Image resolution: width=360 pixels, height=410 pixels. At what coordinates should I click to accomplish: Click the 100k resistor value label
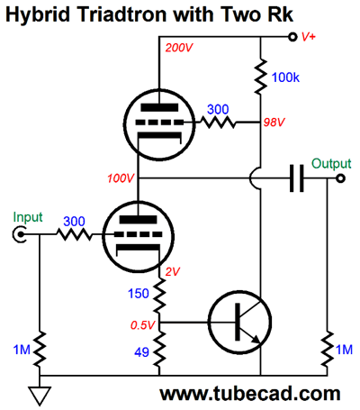point(285,77)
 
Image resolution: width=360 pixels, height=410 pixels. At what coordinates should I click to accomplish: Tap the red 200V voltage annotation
point(179,48)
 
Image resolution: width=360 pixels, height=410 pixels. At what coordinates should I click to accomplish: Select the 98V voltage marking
point(274,122)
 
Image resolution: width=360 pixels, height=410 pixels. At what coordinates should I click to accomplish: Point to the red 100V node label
point(121,178)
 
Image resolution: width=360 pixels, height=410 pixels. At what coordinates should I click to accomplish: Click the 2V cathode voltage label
point(173,271)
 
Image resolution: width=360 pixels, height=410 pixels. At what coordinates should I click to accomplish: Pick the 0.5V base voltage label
point(143,324)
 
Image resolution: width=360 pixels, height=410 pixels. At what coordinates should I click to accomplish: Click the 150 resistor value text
point(139,294)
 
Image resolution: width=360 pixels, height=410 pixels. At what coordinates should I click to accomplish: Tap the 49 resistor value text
point(141,351)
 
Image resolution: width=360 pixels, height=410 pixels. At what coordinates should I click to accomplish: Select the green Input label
point(28,217)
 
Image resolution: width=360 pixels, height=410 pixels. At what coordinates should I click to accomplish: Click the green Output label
point(331,164)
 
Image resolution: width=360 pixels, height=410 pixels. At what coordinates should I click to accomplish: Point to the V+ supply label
point(309,37)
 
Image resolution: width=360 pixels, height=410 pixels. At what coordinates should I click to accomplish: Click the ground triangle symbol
point(40,396)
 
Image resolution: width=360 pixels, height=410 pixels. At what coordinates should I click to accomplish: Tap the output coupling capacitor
point(297,178)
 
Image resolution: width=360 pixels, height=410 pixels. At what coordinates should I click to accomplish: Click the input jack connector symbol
point(19,234)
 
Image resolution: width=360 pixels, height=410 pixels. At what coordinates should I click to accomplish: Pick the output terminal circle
point(340,178)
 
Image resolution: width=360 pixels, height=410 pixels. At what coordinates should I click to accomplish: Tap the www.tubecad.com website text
point(250,393)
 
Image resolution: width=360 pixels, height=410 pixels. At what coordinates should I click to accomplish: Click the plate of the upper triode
point(159,107)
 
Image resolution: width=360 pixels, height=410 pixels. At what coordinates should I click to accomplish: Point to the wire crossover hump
point(254,178)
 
